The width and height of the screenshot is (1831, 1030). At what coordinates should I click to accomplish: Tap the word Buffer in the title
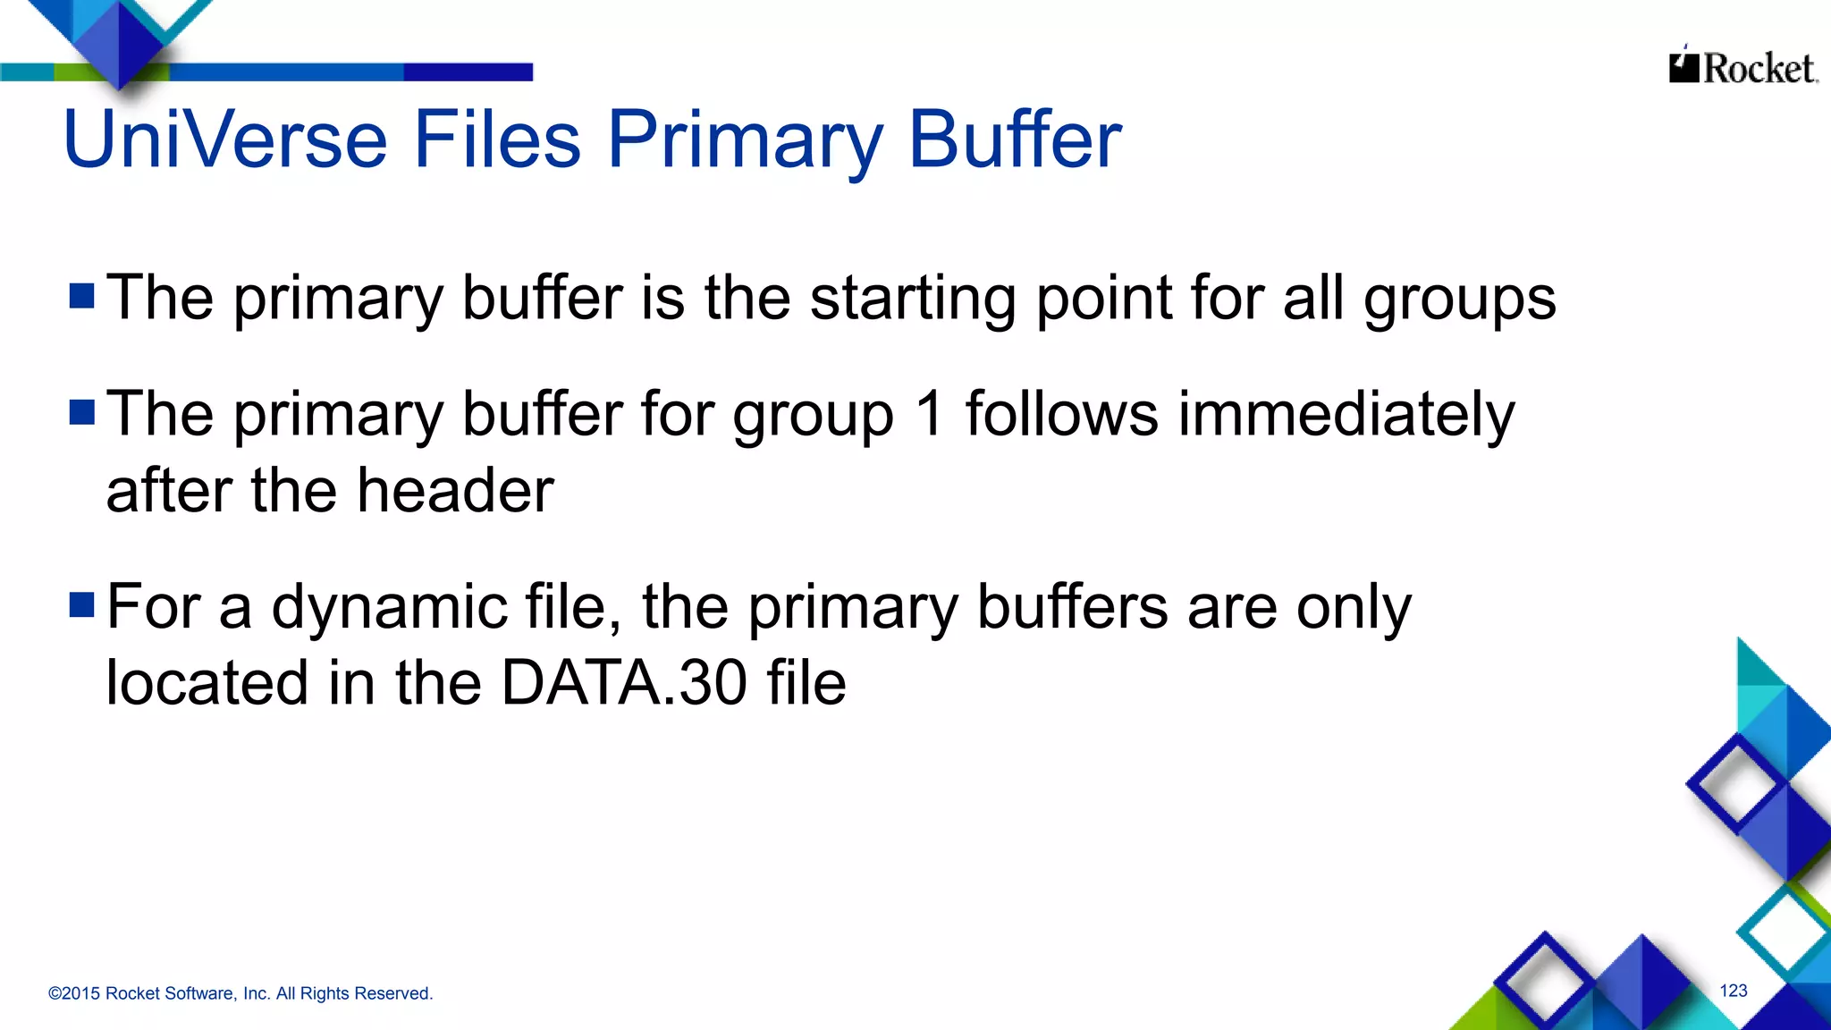[x=1015, y=140]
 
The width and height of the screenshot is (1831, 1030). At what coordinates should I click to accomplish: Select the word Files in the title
[x=496, y=140]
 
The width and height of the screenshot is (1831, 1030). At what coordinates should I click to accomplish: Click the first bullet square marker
[x=82, y=296]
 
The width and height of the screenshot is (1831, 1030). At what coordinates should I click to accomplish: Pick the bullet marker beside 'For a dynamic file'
[x=82, y=605]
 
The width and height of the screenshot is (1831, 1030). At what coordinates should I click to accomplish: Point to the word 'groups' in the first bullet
[x=1459, y=300]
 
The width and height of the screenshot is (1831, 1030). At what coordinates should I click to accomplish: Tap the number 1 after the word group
[x=930, y=414]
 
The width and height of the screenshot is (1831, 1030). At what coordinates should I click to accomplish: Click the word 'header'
[x=455, y=491]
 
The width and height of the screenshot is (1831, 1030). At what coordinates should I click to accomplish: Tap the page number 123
[x=1734, y=991]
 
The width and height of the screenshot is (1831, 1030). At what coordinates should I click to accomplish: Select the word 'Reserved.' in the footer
[x=393, y=993]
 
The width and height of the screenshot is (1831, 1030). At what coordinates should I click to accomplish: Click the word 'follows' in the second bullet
[x=1062, y=414]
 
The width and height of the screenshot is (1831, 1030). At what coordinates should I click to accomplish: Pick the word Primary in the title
[x=745, y=140]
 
